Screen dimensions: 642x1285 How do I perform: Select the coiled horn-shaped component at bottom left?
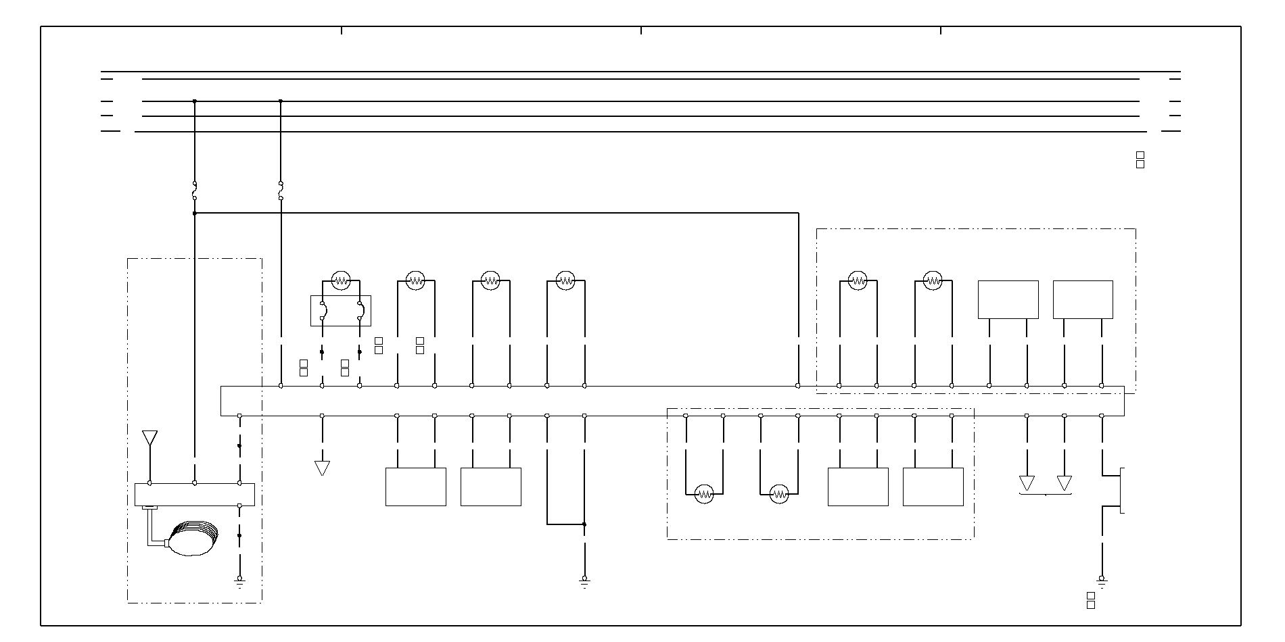(x=194, y=538)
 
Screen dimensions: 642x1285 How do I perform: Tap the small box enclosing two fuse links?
(x=341, y=311)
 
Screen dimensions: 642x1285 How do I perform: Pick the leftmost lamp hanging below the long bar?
(x=705, y=494)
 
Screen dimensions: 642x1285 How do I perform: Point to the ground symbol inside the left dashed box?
(x=239, y=579)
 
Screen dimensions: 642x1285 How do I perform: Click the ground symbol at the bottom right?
(x=1102, y=579)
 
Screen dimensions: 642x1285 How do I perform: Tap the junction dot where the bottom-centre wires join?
(x=584, y=524)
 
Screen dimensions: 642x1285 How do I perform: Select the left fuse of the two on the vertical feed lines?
(x=194, y=191)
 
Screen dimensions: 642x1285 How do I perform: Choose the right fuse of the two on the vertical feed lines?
(x=281, y=191)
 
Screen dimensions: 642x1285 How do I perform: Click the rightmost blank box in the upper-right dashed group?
(x=1083, y=299)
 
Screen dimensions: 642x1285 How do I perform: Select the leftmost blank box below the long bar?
(x=416, y=487)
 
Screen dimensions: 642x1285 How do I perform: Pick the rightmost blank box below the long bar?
(x=933, y=487)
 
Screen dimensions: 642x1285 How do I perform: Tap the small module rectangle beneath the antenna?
(x=195, y=494)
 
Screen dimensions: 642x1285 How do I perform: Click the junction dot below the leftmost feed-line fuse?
(x=194, y=214)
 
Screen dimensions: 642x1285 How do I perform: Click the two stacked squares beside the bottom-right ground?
(x=1091, y=600)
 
